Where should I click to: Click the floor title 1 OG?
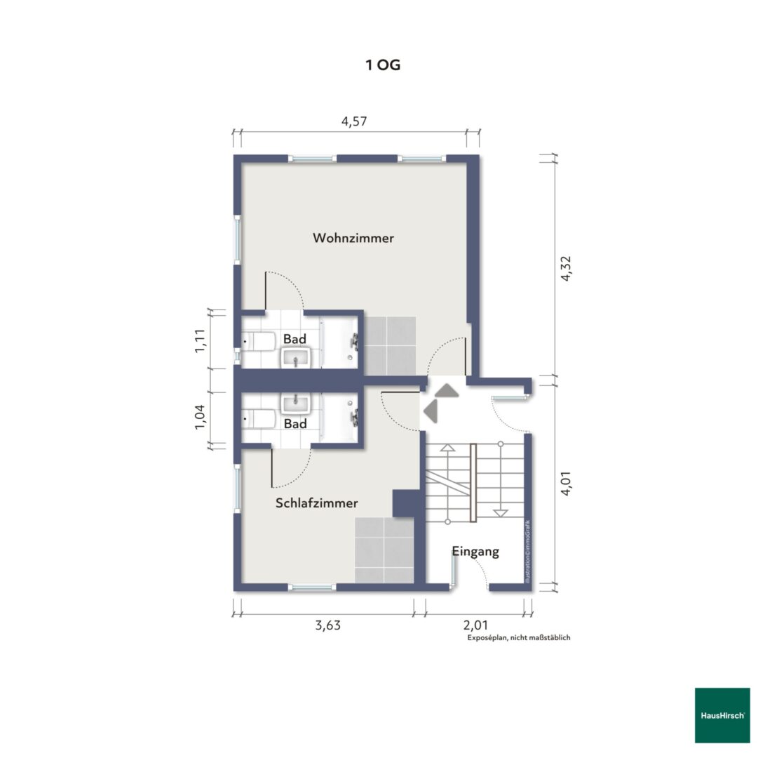[x=383, y=65]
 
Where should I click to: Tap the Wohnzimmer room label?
[x=353, y=238]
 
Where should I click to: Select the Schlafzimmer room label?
[x=317, y=503]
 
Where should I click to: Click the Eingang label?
[x=475, y=552]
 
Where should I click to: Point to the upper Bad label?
[x=295, y=338]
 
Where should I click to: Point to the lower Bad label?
[x=295, y=423]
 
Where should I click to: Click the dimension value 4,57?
[x=353, y=121]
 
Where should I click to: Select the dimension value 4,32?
[x=566, y=268]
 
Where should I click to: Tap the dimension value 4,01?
[x=566, y=483]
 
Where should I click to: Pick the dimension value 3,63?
[x=327, y=625]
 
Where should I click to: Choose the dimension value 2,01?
[x=475, y=625]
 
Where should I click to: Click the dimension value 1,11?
[x=200, y=341]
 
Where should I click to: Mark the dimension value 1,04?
[x=200, y=417]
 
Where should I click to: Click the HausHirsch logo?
[x=722, y=715]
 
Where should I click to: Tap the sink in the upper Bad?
[x=296, y=358]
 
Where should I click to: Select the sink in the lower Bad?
[x=296, y=404]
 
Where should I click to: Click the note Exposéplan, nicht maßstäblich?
[x=519, y=637]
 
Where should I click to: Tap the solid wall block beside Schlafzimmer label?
[x=407, y=503]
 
